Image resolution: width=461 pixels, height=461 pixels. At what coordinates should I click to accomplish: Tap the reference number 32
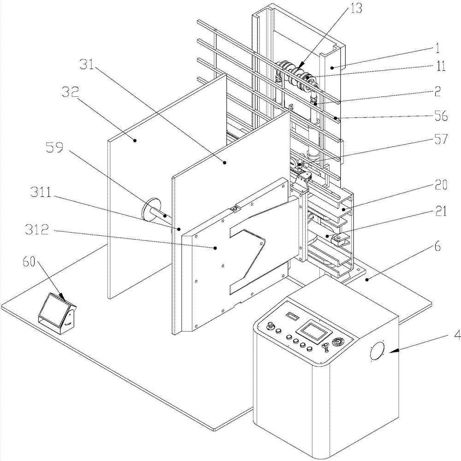(70, 93)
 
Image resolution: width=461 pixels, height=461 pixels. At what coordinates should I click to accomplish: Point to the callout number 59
(55, 148)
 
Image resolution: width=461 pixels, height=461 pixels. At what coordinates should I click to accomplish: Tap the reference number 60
(29, 261)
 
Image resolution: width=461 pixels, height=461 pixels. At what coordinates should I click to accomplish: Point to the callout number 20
(440, 185)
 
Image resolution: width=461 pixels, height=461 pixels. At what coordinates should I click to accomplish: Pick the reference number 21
(440, 211)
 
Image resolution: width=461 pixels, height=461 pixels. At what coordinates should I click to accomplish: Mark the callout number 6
(438, 246)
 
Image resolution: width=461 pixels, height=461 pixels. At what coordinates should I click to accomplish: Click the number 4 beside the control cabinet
(457, 336)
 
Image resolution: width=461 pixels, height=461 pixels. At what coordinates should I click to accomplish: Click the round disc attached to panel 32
(151, 210)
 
